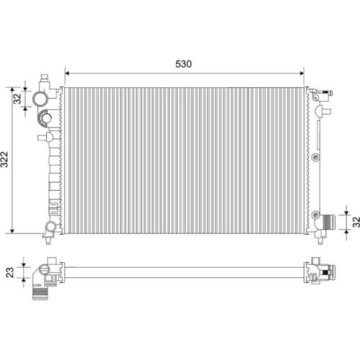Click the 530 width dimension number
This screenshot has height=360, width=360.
tap(184, 64)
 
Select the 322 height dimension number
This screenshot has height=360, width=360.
tap(4, 159)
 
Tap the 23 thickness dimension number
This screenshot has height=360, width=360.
tap(10, 273)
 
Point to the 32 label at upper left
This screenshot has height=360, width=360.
tap(17, 99)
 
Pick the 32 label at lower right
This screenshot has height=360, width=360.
tap(356, 222)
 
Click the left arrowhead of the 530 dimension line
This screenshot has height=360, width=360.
tap(67, 73)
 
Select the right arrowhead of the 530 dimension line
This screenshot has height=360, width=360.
tap(302, 73)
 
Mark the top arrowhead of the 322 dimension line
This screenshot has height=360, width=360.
tap(12, 89)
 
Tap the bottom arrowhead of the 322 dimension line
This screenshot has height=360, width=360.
tap(12, 231)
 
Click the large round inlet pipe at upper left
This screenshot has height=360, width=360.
tap(40, 99)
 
